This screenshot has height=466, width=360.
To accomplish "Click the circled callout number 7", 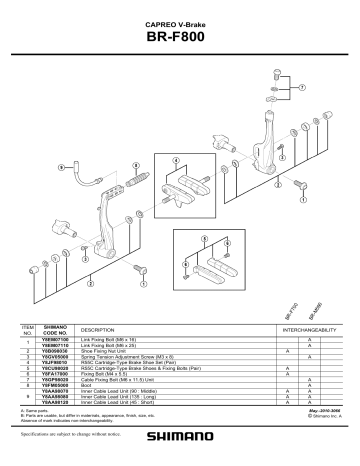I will click(297, 87).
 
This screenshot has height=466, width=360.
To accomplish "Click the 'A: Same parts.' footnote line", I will click(36, 410).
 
